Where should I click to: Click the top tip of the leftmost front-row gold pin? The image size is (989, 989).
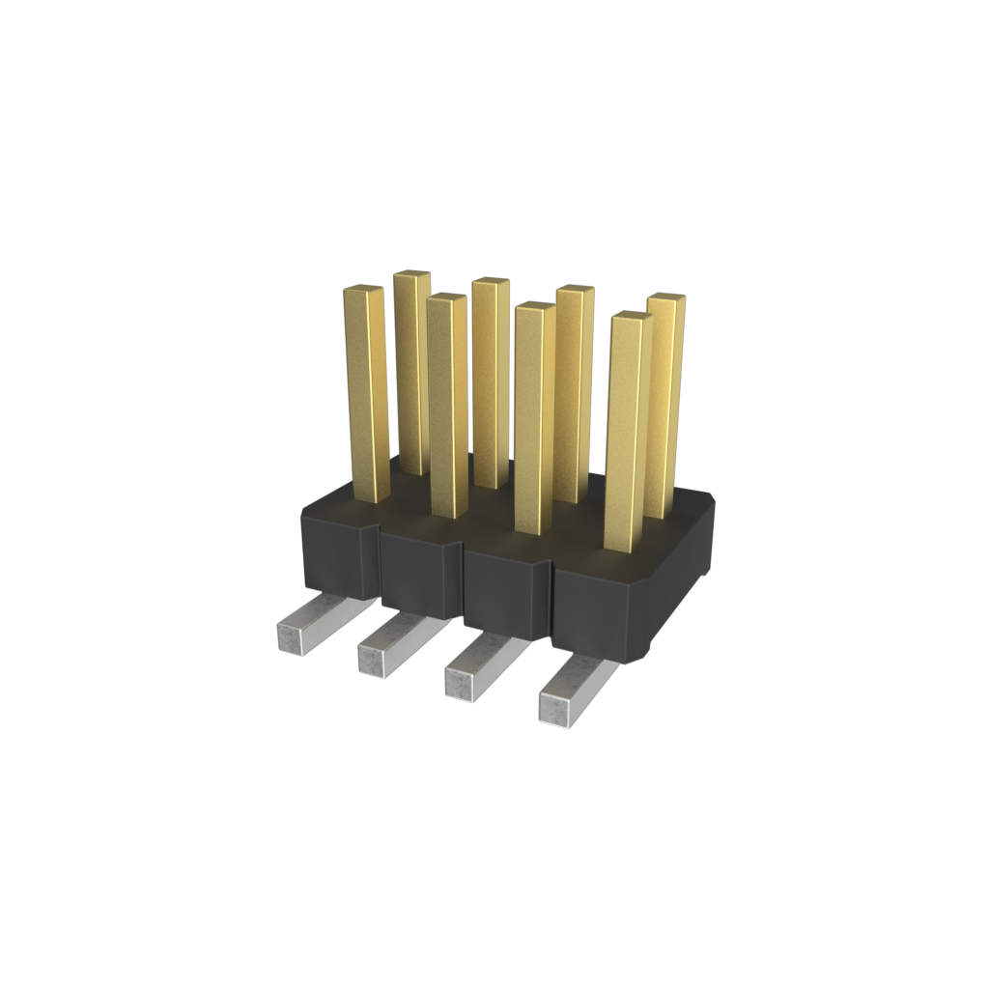pos(364,290)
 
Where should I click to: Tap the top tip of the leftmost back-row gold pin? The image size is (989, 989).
pos(411,275)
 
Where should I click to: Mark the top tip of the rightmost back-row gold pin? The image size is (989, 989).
pos(666,298)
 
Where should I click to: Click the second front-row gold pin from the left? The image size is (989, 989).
pos(447,406)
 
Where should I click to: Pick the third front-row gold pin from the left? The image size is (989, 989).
pos(534,415)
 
